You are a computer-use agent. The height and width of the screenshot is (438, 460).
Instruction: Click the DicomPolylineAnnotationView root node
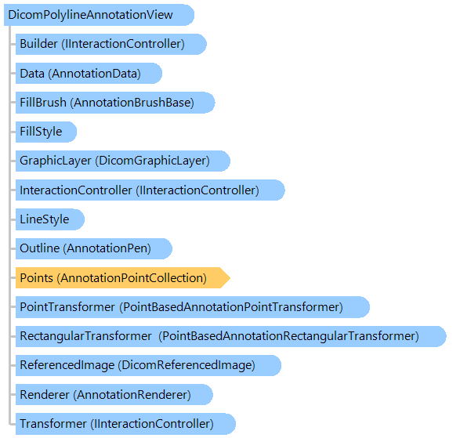(99, 15)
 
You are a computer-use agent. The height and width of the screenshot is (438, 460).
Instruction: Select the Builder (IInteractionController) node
(111, 44)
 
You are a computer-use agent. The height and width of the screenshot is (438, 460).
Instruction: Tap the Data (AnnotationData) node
(89, 73)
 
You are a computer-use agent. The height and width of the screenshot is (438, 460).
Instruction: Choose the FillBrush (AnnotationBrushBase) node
(115, 103)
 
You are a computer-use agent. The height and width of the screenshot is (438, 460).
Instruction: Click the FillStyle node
(46, 132)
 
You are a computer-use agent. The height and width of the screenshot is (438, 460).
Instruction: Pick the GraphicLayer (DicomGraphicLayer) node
(122, 161)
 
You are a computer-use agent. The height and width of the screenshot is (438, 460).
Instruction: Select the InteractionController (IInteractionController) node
(150, 190)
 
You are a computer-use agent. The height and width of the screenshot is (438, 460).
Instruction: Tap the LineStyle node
(50, 219)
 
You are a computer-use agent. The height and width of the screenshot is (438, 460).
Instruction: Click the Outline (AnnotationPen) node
(93, 248)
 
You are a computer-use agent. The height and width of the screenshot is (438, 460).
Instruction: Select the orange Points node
(122, 278)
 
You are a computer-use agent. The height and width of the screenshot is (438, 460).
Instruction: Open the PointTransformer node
(193, 307)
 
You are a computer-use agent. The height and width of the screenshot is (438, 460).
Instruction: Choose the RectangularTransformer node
(231, 336)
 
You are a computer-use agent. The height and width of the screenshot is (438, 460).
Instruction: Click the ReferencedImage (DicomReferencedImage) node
(148, 365)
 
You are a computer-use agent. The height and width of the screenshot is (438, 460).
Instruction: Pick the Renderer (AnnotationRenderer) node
(114, 395)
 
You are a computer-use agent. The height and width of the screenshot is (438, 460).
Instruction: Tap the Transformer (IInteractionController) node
(125, 424)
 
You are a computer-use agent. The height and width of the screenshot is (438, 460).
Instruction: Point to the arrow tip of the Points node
(230, 278)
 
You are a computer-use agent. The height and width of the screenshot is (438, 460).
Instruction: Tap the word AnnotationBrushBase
(132, 103)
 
